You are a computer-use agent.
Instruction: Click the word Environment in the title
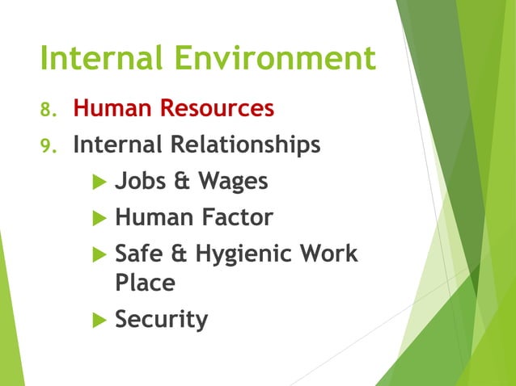(280, 59)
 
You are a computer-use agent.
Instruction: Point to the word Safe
(139, 254)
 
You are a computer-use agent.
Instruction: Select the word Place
(145, 283)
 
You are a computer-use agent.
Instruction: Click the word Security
(162, 320)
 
